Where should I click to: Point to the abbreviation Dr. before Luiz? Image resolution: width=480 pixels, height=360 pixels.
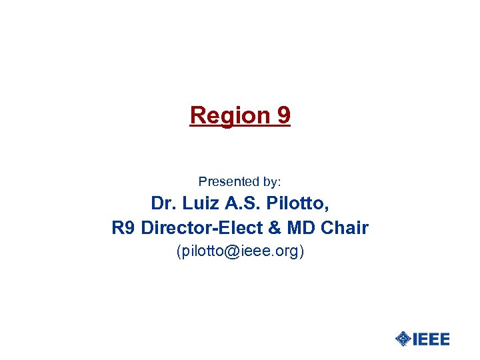163,203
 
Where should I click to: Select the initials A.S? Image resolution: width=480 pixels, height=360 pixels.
241,203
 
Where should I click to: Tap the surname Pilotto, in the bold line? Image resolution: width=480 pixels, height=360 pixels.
297,203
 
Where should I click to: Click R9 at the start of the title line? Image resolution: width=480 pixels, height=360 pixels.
123,228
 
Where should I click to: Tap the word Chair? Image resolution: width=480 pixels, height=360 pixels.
344,228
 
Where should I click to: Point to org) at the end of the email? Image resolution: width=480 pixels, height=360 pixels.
289,252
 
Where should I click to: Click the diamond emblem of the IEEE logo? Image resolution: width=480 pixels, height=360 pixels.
403,339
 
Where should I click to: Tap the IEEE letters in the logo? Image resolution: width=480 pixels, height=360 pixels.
431,339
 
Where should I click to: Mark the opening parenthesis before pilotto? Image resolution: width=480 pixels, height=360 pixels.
178,252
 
